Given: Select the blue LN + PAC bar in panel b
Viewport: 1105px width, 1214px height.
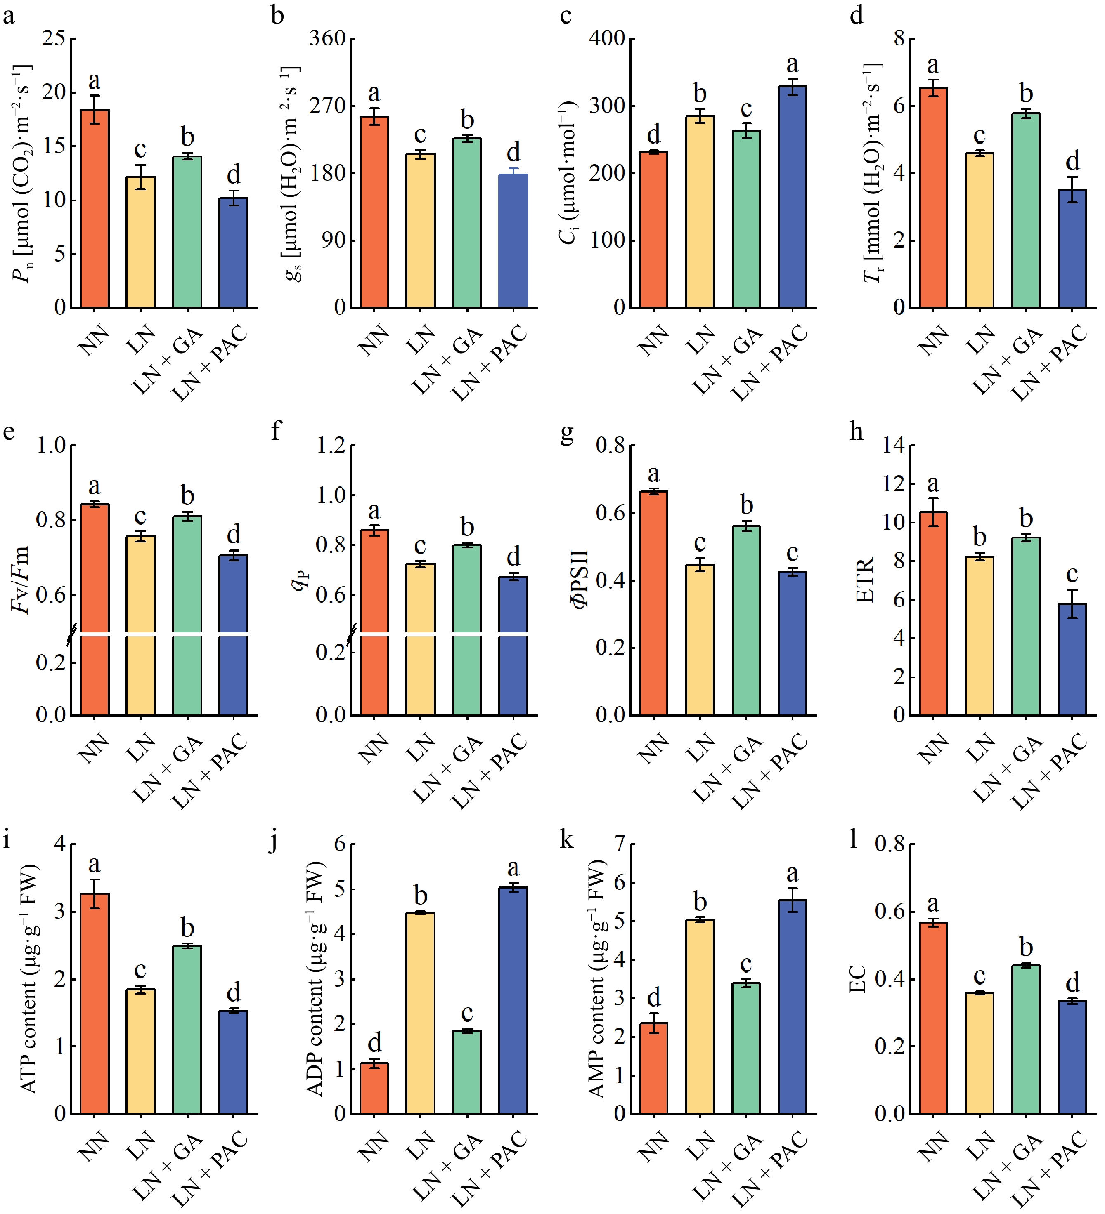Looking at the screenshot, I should pos(513,241).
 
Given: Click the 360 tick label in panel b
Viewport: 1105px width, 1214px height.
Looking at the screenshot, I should pos(328,38).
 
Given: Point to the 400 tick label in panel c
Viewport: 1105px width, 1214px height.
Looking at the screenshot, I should pos(607,38).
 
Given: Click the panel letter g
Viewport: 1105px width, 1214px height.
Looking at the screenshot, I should pos(566,432).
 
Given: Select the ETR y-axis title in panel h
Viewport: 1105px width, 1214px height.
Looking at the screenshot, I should pos(865,580).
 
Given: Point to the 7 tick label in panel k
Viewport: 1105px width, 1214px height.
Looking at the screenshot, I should pos(620,844).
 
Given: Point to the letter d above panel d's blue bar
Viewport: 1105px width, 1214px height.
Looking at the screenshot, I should pos(1072,161).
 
